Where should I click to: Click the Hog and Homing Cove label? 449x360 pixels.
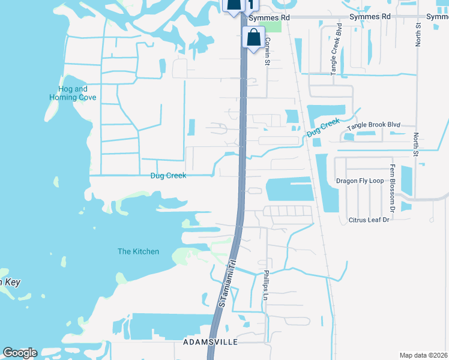click(73, 93)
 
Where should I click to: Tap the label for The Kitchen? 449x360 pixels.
click(138, 251)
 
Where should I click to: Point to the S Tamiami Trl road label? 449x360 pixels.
click(225, 284)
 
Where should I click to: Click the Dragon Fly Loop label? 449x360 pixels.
click(360, 180)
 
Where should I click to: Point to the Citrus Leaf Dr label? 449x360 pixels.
click(369, 220)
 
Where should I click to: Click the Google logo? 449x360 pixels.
click(20, 353)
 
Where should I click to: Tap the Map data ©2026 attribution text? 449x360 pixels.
click(423, 355)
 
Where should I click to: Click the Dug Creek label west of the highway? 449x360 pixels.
click(168, 176)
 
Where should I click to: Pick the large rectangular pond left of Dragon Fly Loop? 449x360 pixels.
click(290, 190)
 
